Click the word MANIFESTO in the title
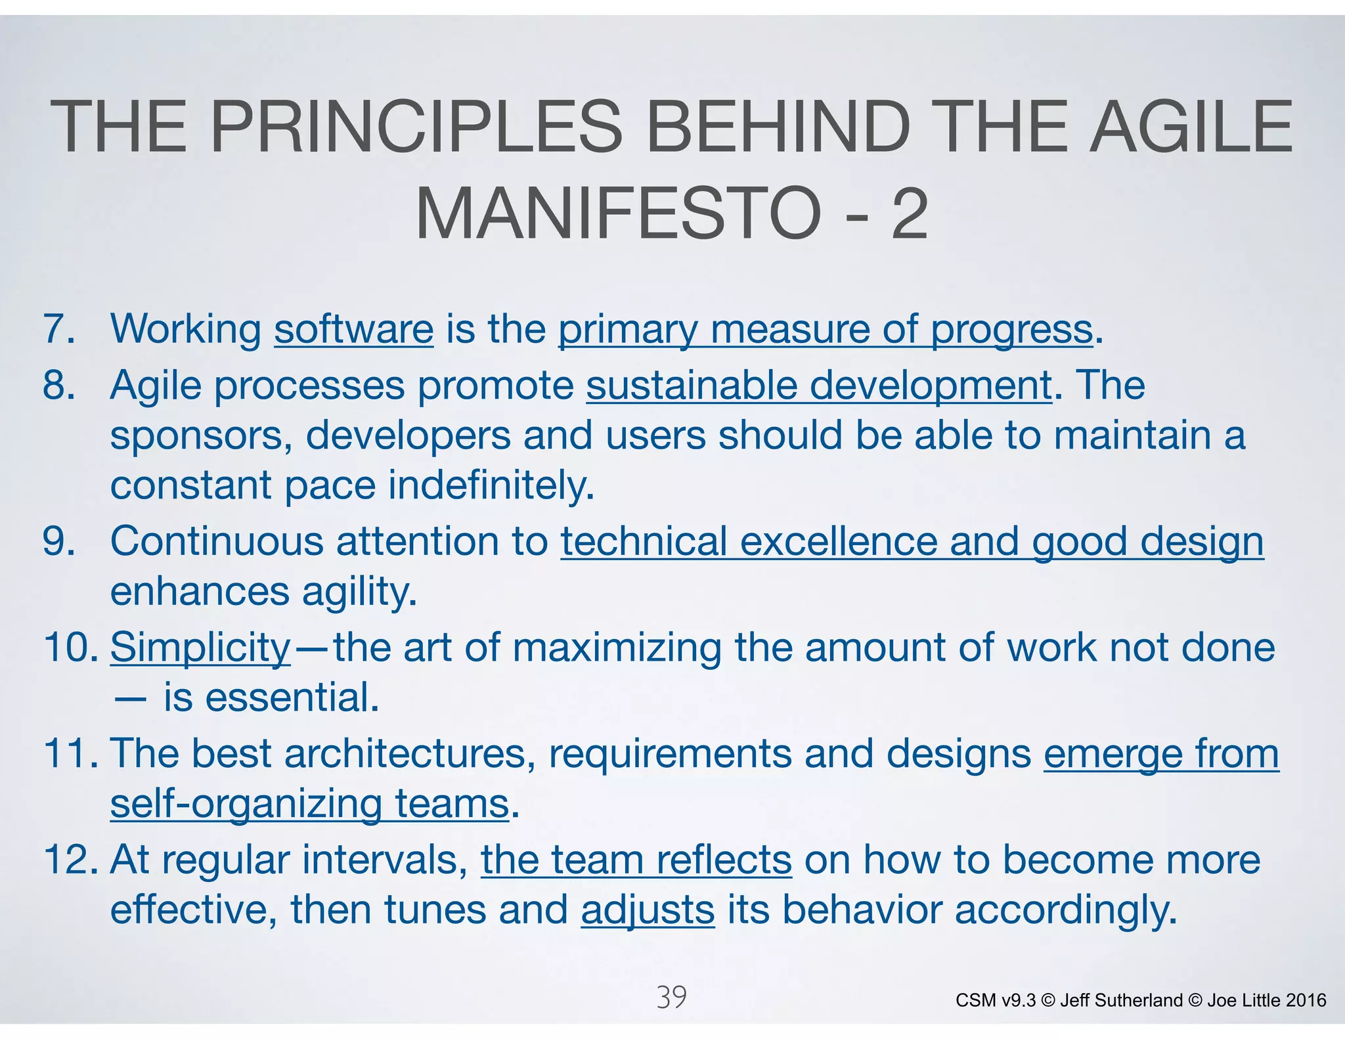pos(617,213)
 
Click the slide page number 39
pos(671,997)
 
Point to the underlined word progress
pos(1011,330)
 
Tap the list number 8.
pos(58,385)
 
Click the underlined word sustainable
pos(691,385)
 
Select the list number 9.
pos(58,541)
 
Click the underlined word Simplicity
pos(200,648)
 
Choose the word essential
pos(292,697)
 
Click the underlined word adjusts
pos(648,910)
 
